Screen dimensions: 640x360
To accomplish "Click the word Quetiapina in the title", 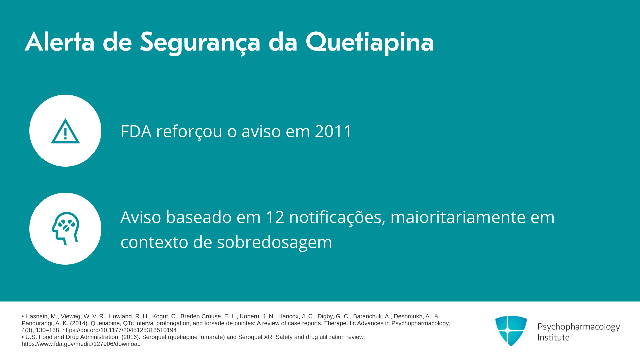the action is click(369, 42).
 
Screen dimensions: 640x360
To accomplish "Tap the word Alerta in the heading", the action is click(60, 42).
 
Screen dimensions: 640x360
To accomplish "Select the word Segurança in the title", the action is click(200, 43).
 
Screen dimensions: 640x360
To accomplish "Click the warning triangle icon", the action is click(65, 131).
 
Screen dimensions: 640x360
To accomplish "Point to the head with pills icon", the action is click(65, 229).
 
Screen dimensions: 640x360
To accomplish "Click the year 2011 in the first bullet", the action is click(333, 131).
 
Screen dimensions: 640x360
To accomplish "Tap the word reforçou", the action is click(189, 132).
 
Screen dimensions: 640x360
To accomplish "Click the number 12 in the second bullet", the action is click(275, 217).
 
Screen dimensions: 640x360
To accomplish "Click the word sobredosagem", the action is click(274, 243).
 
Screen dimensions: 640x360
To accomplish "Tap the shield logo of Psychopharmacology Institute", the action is click(511, 331).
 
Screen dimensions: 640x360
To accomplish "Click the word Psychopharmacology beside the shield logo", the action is click(579, 327).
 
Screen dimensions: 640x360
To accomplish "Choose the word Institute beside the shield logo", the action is click(553, 337).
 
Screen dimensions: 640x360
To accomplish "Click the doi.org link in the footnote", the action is click(119, 330).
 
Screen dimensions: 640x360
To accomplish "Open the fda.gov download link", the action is click(81, 344).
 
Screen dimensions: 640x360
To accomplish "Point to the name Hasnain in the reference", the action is click(37, 316).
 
